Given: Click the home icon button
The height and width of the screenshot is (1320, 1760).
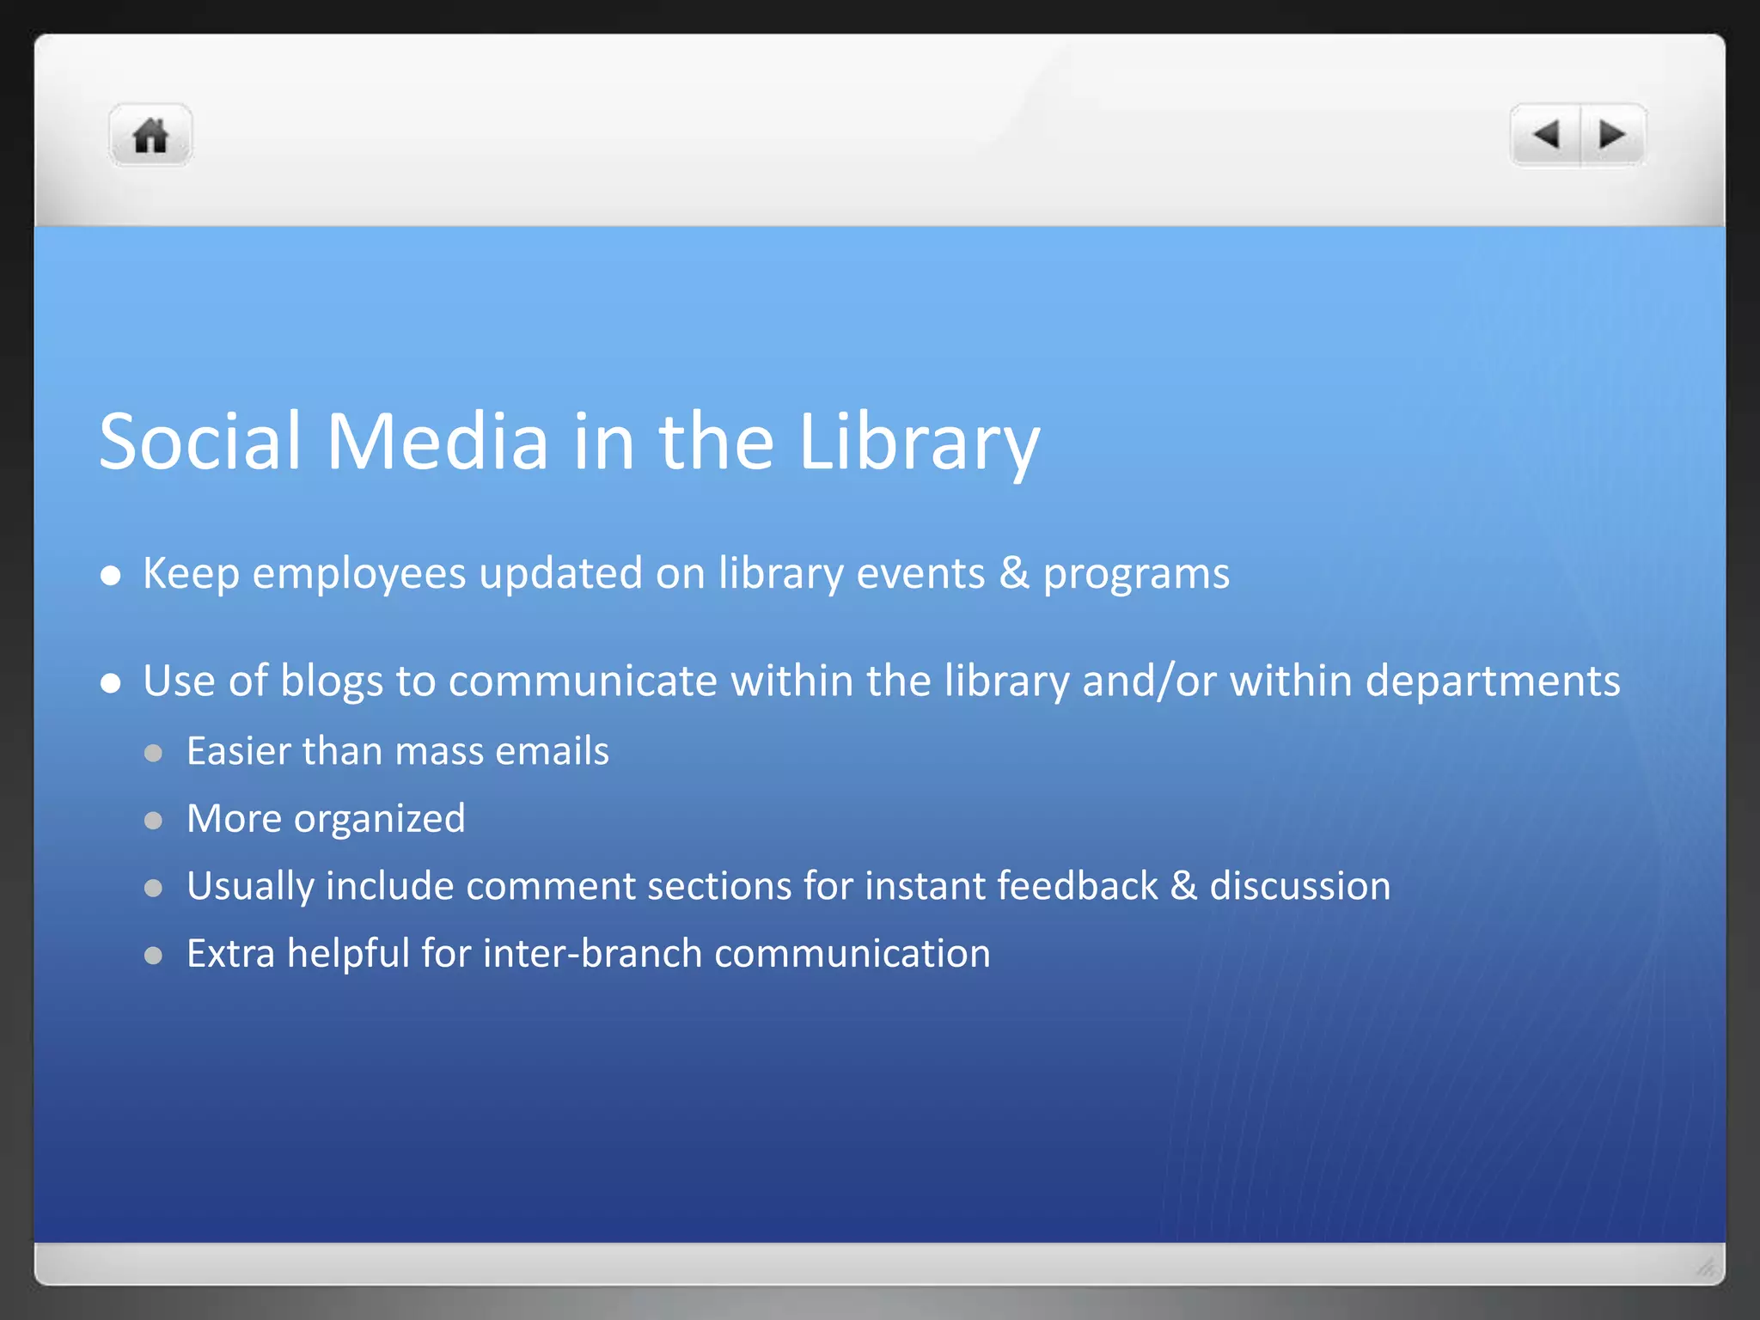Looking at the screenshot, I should coord(150,135).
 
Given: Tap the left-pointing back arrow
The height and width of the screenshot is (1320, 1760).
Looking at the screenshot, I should coord(1546,135).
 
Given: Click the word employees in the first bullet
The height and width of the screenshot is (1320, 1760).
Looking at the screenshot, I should coord(358,574).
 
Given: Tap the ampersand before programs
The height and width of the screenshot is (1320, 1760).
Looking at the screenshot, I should coord(1014,573).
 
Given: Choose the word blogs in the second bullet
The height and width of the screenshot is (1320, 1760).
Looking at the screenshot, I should coord(332,681).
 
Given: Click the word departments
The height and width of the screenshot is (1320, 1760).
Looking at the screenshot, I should coord(1493,681).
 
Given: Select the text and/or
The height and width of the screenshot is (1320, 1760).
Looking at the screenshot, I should coord(1149,681).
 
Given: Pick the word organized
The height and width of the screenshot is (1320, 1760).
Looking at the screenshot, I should coord(379,819).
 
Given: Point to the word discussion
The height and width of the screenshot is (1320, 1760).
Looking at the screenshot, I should coord(1299,886).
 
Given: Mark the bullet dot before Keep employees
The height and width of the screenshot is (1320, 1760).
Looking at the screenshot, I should coord(110,576).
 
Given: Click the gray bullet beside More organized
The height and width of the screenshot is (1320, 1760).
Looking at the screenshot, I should coord(154,821).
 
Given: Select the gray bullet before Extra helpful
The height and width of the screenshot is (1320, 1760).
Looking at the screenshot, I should coord(154,956).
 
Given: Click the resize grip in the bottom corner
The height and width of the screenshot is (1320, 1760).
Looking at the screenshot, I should coord(1706,1267).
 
